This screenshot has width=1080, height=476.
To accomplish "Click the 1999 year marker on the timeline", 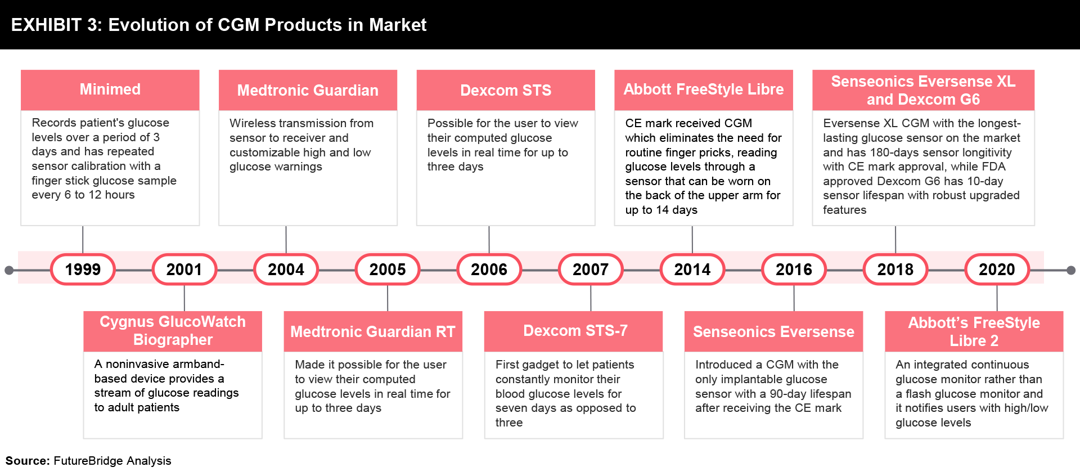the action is point(83,270).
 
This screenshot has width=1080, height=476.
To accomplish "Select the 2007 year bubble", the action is point(591,270).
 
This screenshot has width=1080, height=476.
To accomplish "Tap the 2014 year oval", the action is point(692,270).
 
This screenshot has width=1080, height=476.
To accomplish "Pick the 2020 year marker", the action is point(997,270).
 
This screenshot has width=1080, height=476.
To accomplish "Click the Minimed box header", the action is point(110,89).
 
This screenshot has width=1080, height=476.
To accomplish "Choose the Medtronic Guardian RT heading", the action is point(373,331).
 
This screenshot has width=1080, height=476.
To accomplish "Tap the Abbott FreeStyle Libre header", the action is point(704,89).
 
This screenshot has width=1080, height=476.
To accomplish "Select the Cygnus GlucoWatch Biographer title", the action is point(173,331).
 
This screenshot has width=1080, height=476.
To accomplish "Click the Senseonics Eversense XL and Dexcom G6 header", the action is point(923,90).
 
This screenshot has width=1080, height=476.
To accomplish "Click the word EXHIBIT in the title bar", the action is point(46,25).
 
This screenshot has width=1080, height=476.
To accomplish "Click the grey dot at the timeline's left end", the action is point(9,270).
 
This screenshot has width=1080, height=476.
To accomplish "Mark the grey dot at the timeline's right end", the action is point(1071,270).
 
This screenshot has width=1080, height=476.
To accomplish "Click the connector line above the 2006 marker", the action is point(489,240).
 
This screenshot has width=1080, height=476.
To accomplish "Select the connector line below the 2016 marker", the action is point(794,298).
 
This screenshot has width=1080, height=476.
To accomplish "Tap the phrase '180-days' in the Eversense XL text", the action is point(893,152).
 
